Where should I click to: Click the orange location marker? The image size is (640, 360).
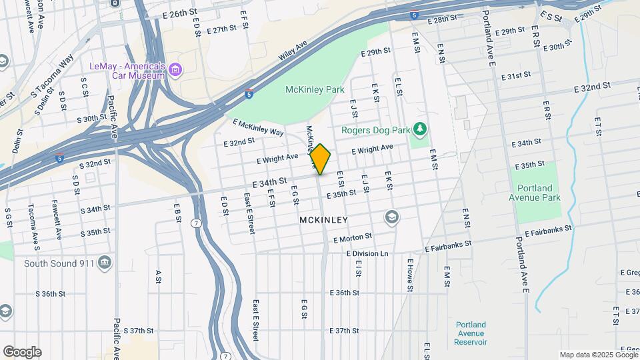tap(320, 160)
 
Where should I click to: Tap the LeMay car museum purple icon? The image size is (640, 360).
tap(175, 69)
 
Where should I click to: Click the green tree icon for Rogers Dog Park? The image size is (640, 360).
tap(419, 128)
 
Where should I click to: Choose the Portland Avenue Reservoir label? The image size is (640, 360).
tap(471, 333)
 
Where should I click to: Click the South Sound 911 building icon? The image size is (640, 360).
tap(104, 263)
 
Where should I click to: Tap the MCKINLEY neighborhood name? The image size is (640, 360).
tap(324, 219)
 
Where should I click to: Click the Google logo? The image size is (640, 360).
tap(22, 352)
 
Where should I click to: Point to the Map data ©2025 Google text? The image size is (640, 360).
tap(597, 355)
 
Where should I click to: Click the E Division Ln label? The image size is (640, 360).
tap(367, 253)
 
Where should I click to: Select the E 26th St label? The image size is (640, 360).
tap(179, 13)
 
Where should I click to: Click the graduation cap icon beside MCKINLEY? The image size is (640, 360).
tap(391, 217)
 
